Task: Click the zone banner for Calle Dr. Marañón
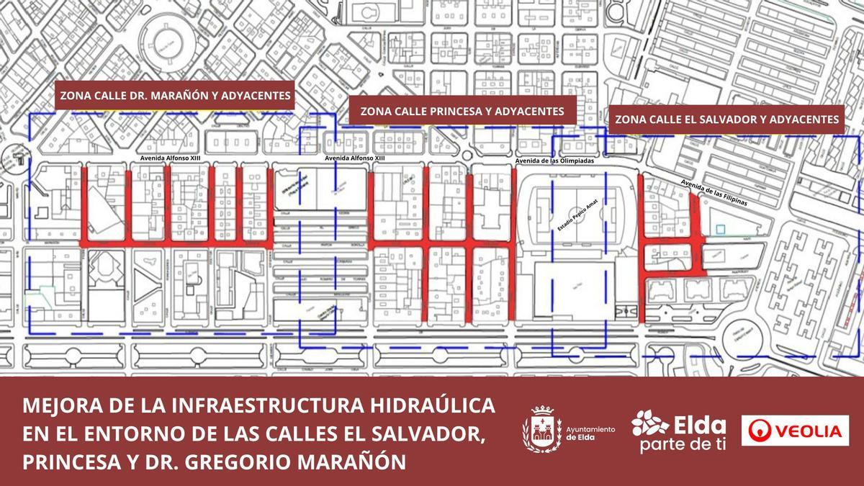point(176,95)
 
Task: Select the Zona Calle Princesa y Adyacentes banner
point(462,112)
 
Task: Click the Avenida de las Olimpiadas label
point(554,161)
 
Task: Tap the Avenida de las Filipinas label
point(714,192)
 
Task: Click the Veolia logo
point(795,431)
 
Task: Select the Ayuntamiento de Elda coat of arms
point(541,430)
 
